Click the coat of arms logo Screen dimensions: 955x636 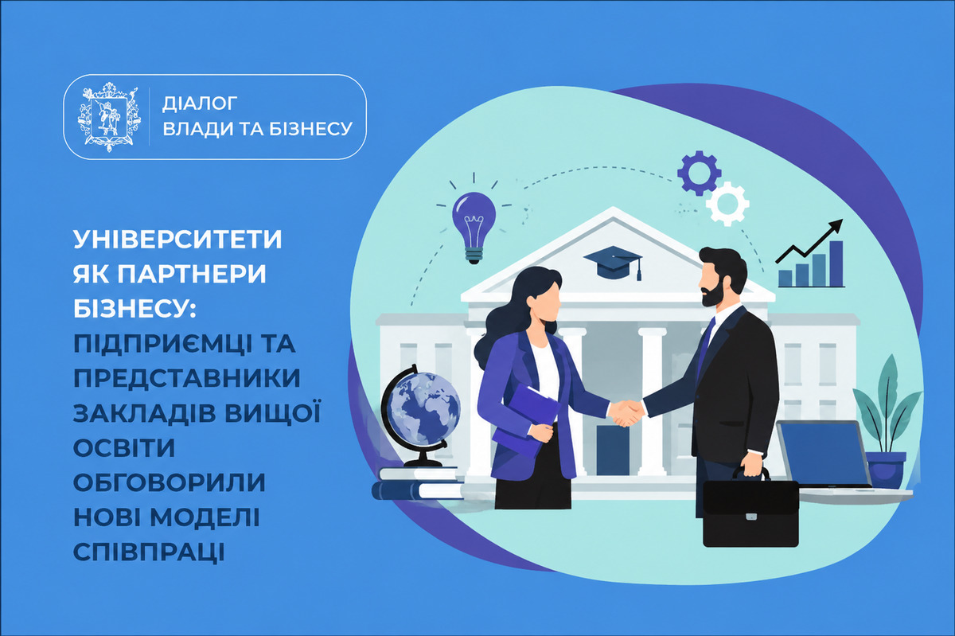click(109, 116)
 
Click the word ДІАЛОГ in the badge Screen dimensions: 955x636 click(200, 103)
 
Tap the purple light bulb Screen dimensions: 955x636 click(474, 227)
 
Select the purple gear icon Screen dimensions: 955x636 click(700, 173)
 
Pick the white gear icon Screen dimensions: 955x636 click(727, 204)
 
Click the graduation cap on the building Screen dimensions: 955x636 click(613, 263)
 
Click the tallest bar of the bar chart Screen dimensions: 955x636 click(836, 263)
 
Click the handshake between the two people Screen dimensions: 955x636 click(626, 412)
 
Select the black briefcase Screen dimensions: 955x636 click(750, 510)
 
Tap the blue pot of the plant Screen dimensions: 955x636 click(887, 470)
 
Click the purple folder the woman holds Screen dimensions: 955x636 click(527, 420)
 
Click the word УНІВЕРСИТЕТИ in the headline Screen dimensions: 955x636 click(177, 240)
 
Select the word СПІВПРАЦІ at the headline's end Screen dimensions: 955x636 click(149, 552)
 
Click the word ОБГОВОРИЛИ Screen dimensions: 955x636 click(170, 482)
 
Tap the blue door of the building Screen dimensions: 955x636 click(613, 450)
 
